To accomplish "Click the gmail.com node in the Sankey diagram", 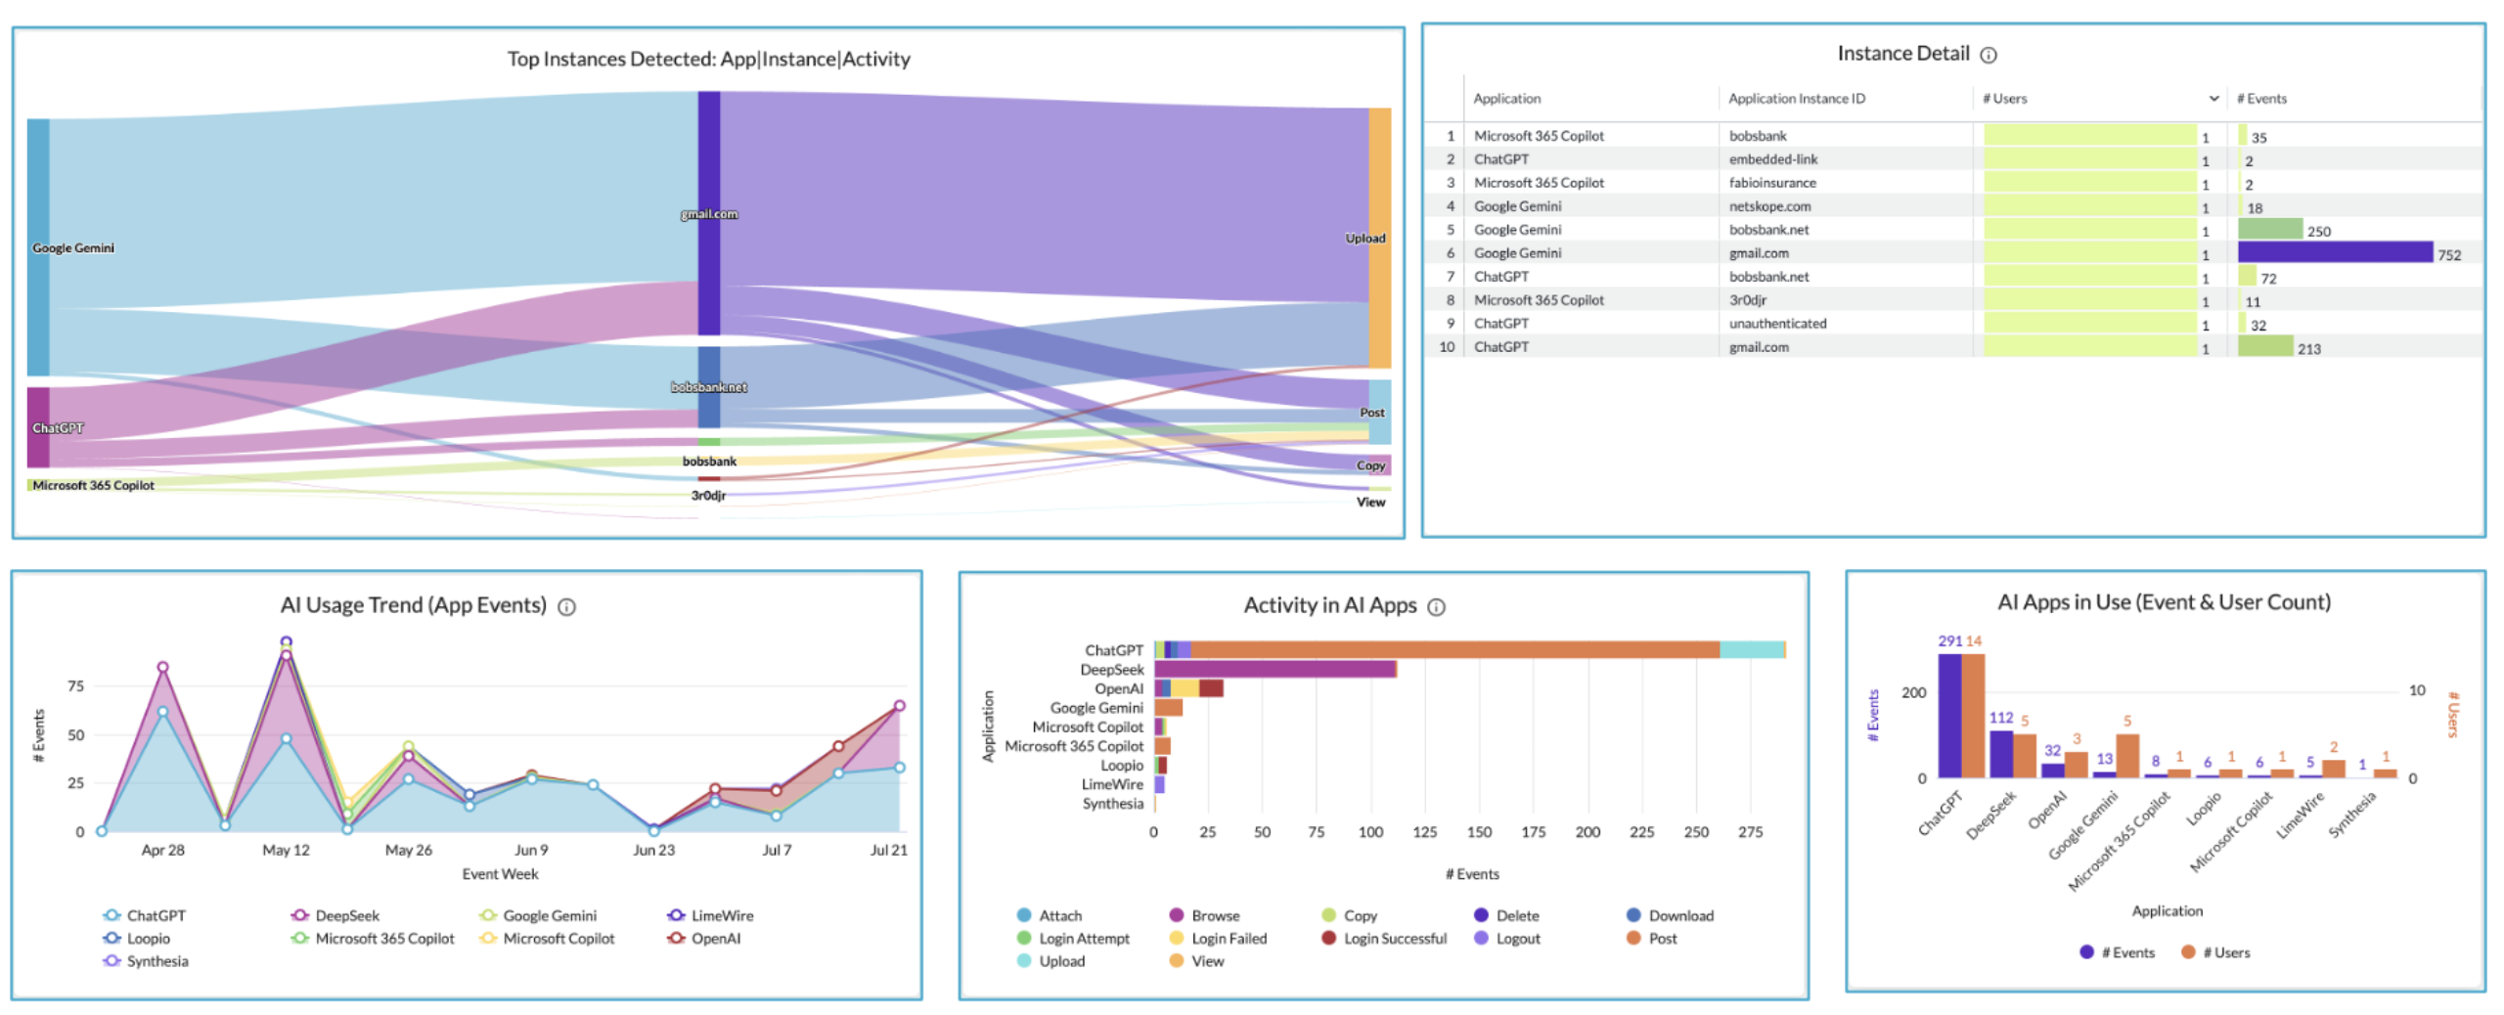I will tap(708, 213).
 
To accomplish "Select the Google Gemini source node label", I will tap(72, 247).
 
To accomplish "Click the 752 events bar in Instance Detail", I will tap(2334, 252).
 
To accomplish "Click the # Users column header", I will tap(2004, 99).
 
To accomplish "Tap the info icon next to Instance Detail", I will tap(1988, 55).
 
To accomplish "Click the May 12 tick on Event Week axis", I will tap(286, 850).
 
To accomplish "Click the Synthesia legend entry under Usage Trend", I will tap(156, 961).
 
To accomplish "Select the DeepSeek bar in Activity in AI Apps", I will tap(1274, 669).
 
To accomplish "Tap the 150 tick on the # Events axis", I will tap(1478, 831).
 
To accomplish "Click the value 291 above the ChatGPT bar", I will tap(1948, 640).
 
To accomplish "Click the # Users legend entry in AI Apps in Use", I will tap(2225, 952).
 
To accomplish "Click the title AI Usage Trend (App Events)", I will tap(413, 605).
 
